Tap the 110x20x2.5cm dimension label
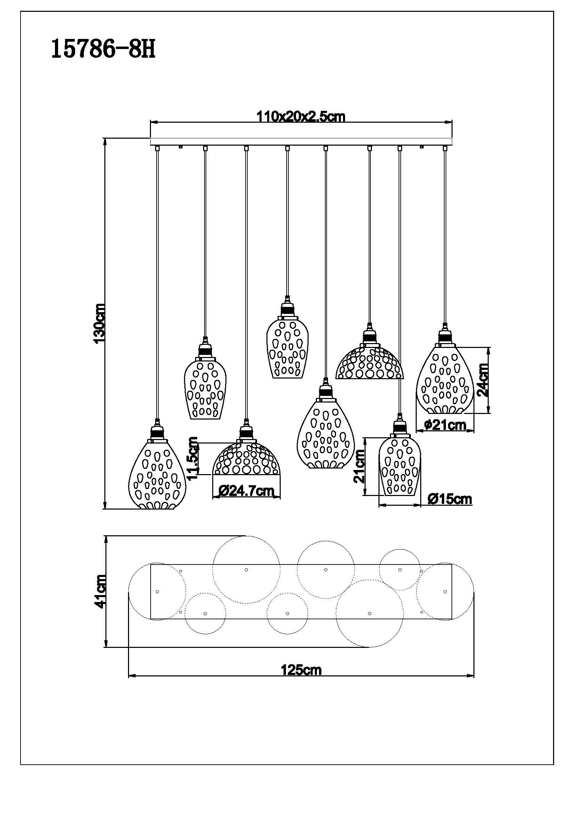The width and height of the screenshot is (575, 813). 301,116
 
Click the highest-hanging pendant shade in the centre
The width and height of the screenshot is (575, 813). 287,348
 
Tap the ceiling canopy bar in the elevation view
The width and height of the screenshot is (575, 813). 302,141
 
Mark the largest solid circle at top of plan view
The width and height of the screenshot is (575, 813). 247,570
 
